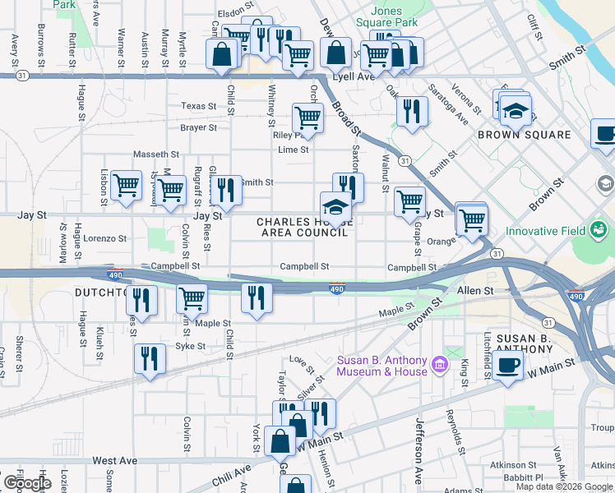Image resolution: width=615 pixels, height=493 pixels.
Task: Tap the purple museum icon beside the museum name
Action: (x=440, y=362)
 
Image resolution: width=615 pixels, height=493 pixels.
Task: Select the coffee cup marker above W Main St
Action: (x=509, y=366)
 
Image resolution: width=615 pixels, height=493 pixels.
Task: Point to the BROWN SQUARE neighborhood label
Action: (x=524, y=135)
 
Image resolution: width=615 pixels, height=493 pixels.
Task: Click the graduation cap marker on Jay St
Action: (x=336, y=205)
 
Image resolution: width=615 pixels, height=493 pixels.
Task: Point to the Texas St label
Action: (x=198, y=106)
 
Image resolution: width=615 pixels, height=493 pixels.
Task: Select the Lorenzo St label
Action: (x=105, y=238)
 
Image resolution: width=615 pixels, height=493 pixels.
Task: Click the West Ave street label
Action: (x=114, y=461)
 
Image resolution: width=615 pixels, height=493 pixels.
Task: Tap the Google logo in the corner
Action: (x=27, y=483)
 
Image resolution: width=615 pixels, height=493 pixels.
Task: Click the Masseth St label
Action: (x=156, y=154)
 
